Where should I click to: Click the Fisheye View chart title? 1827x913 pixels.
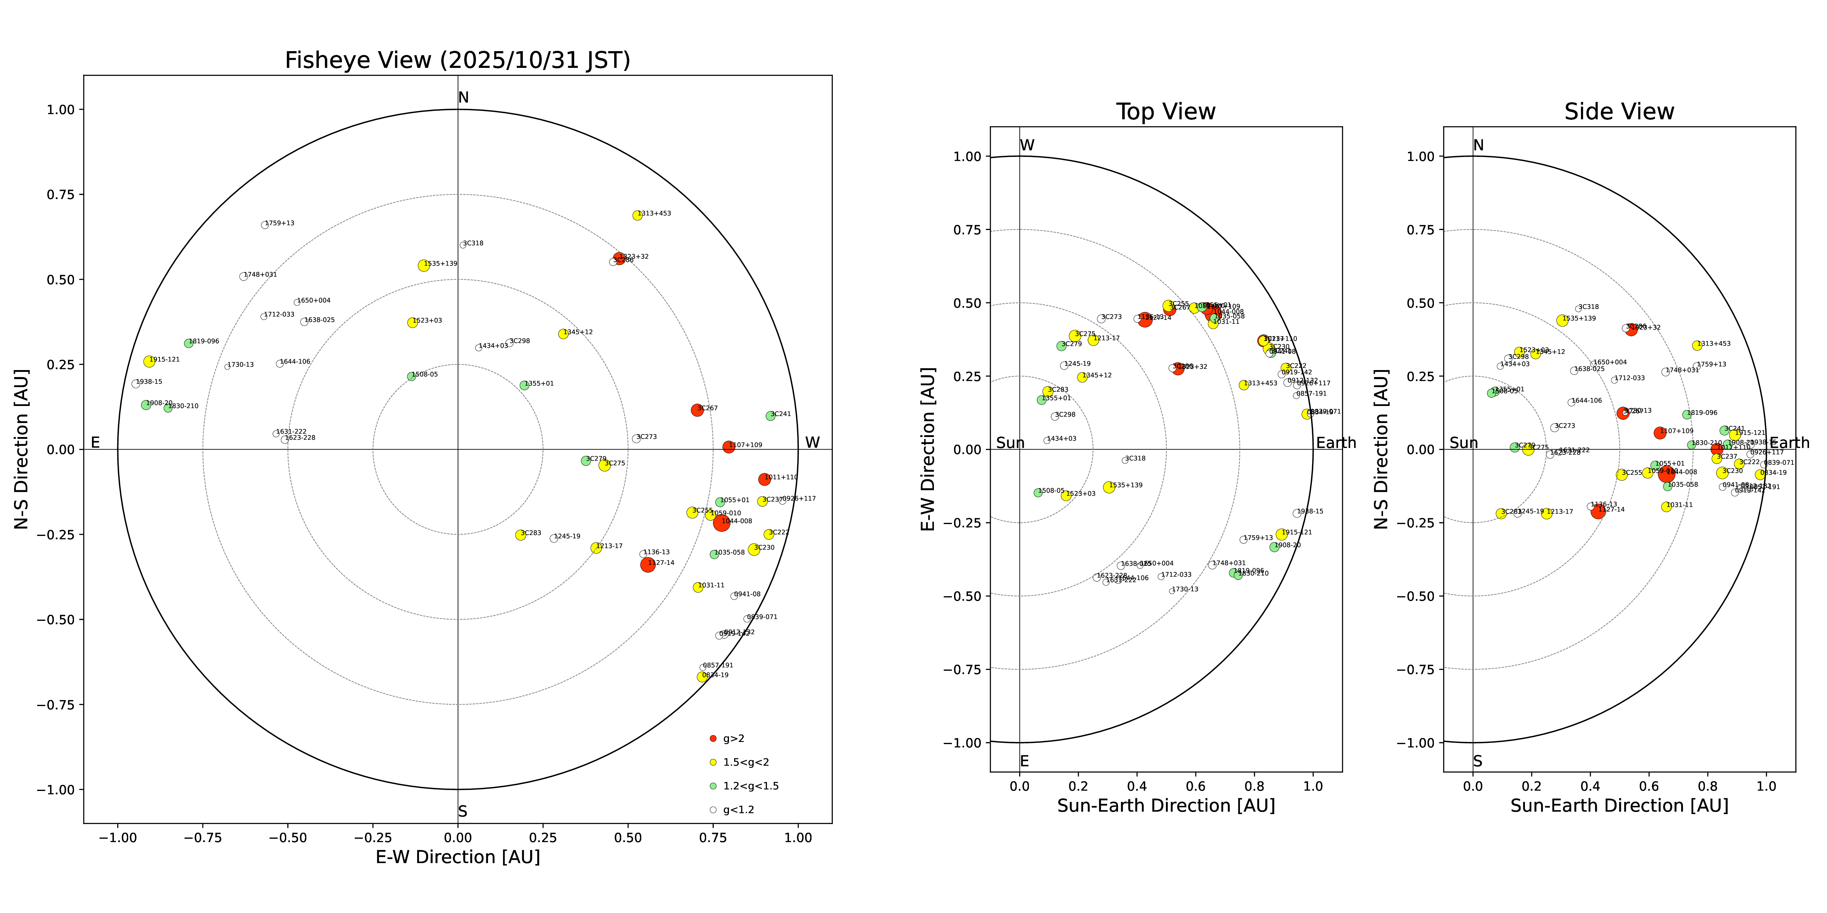pyautogui.click(x=457, y=60)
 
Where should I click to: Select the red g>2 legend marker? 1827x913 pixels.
pyautogui.click(x=713, y=739)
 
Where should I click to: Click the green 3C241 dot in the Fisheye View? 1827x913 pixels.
pyautogui.click(x=770, y=416)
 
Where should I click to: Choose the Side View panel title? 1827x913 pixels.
pyautogui.click(x=1619, y=112)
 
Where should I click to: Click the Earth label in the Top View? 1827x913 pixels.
pyautogui.click(x=1336, y=443)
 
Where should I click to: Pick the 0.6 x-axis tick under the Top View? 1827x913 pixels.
pyautogui.click(x=1196, y=786)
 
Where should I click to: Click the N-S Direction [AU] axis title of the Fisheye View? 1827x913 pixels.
pyautogui.click(x=21, y=449)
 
